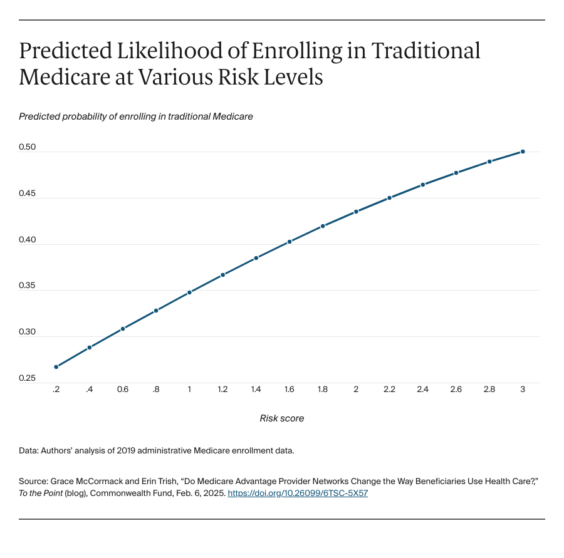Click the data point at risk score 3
[x=523, y=152]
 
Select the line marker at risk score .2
[x=56, y=367]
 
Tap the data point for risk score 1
[x=189, y=292]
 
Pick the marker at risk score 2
[x=356, y=212]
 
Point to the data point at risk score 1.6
[x=290, y=242]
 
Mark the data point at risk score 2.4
[x=423, y=185]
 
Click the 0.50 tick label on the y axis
[x=28, y=148]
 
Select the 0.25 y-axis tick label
[x=28, y=379]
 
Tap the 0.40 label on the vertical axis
[x=28, y=240]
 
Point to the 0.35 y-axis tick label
[x=28, y=286]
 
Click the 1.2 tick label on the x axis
[x=222, y=390]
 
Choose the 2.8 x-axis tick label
[x=489, y=390]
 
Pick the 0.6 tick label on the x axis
[x=123, y=390]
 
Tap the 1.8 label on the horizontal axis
[x=323, y=390]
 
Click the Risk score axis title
[x=282, y=418]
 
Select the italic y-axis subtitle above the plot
[x=136, y=116]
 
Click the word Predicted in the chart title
[x=70, y=51]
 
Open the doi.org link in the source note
[x=298, y=493]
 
